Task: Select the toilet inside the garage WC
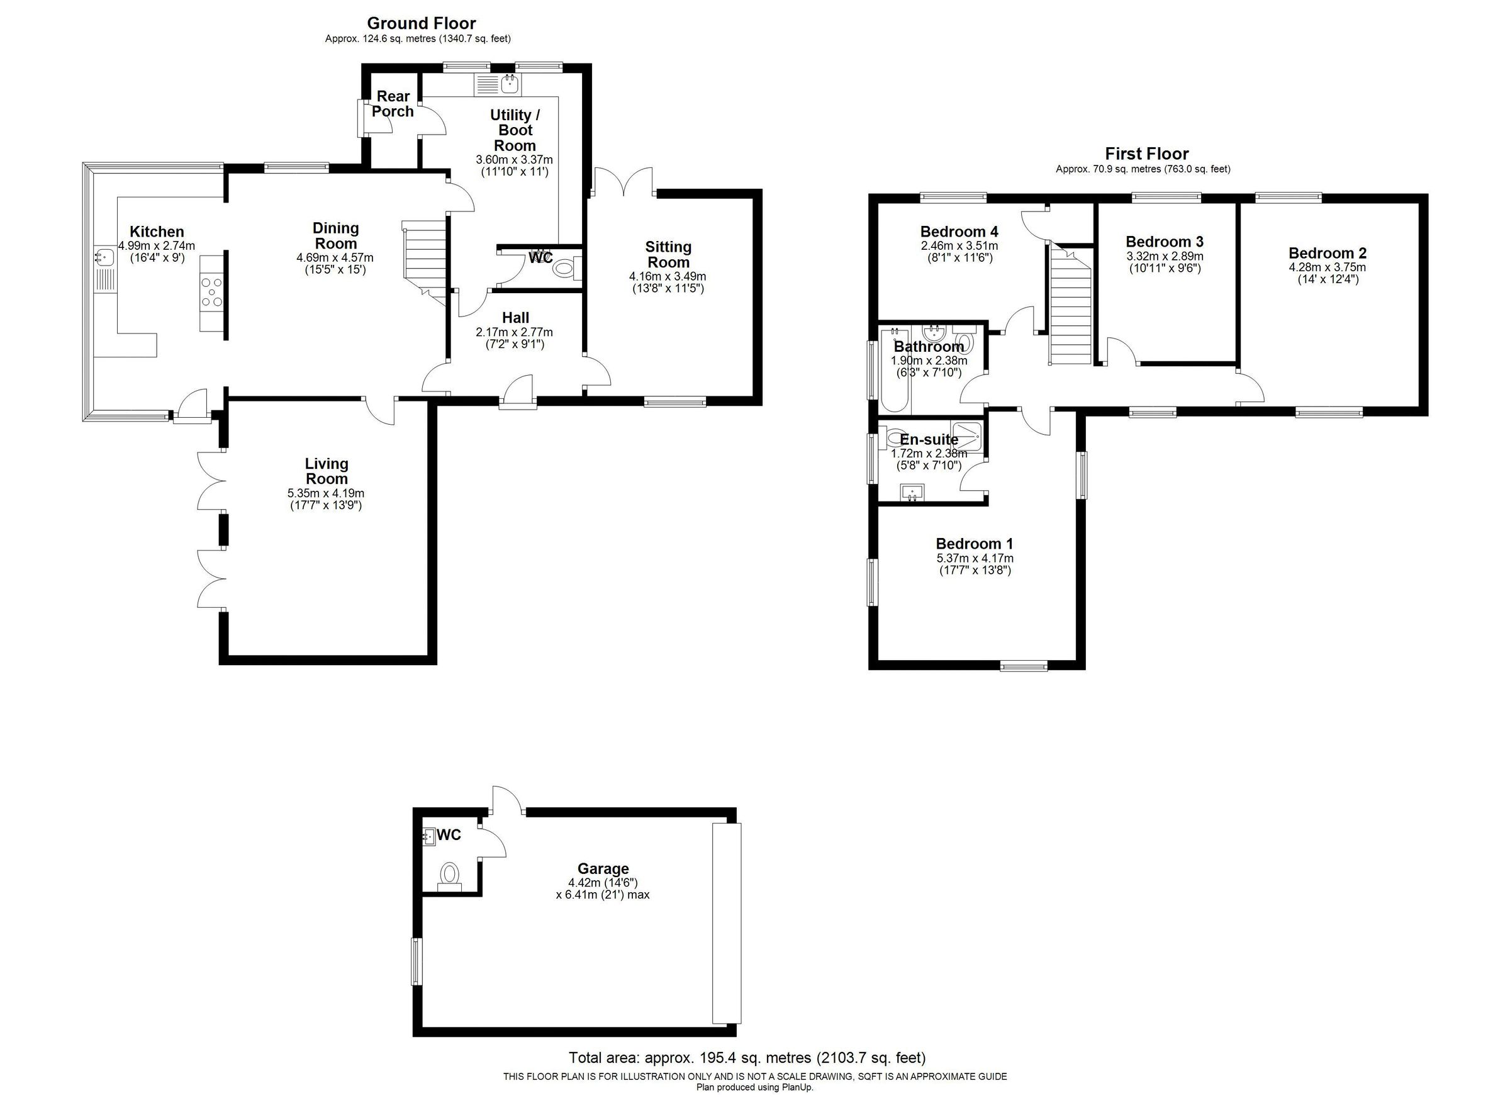[450, 873]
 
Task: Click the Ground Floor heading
[422, 23]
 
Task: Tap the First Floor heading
[1146, 154]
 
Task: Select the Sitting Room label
[668, 254]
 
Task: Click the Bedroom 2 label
[1327, 253]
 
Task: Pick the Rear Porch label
[393, 104]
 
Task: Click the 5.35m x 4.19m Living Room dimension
[325, 493]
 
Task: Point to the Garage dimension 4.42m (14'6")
[603, 883]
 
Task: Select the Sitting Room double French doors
[624, 181]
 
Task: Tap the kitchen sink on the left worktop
[104, 256]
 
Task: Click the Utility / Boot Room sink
[512, 84]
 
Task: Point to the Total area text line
[746, 1057]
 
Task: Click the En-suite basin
[912, 493]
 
